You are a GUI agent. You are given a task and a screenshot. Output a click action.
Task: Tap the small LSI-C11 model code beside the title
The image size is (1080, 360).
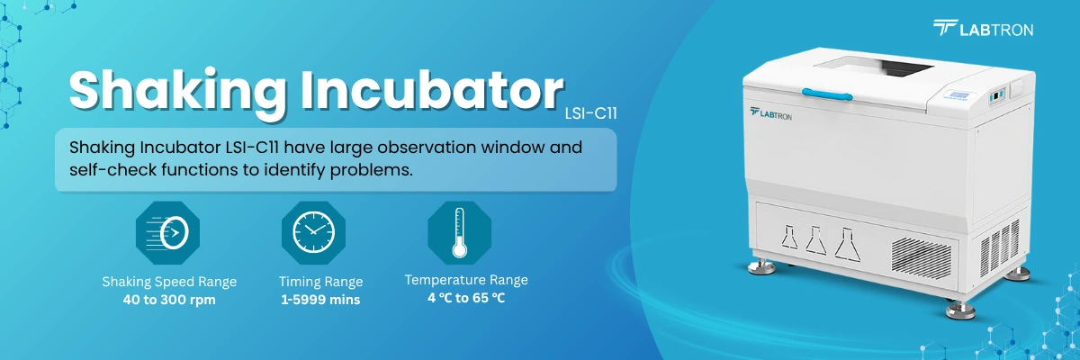[x=590, y=114]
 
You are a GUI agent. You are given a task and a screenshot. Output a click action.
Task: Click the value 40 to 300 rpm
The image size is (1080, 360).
[x=169, y=300]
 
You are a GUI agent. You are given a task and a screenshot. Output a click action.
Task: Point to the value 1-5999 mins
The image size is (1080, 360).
[x=320, y=300]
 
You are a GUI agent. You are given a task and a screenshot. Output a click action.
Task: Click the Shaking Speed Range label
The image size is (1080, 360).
[x=169, y=282]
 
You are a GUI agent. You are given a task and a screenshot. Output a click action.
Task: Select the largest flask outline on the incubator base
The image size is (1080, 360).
[x=846, y=240]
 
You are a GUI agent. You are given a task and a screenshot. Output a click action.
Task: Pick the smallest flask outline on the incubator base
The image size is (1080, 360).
[x=788, y=240]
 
